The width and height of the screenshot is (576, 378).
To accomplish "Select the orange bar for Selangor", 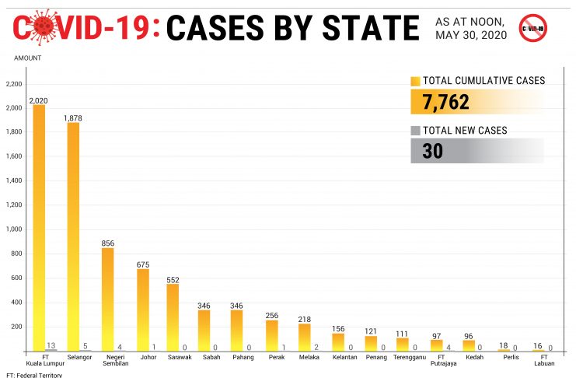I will tap(73, 236).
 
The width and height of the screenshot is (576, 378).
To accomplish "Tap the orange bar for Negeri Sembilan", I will tap(107, 299).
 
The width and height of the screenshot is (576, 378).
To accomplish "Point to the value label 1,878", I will tap(73, 118).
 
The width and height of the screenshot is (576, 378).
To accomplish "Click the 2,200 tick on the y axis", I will tap(15, 84).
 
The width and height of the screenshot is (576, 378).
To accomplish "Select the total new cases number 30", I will tap(433, 151).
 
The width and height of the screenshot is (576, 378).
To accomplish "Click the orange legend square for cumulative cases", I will tap(415, 81).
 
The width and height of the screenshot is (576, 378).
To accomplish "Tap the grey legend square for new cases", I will tap(415, 130).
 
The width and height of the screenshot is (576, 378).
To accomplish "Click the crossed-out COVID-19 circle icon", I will tap(532, 27).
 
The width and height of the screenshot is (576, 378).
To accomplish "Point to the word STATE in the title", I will tap(366, 28).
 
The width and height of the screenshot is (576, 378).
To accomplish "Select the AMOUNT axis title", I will tap(28, 58).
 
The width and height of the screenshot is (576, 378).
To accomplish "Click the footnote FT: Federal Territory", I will tap(33, 374).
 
